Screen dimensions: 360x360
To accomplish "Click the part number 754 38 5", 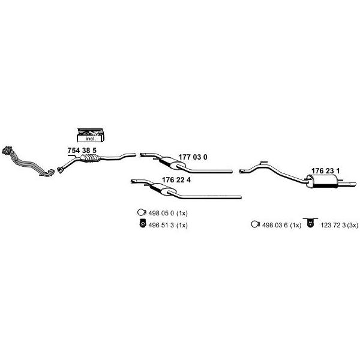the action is [x=82, y=151].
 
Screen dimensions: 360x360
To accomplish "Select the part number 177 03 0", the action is [x=193, y=157].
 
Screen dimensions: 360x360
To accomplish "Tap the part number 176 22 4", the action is [x=176, y=180].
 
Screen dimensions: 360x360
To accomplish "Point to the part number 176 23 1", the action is [x=325, y=171].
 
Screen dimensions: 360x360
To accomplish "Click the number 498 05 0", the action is [x=161, y=213].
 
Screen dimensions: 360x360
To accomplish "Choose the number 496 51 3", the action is [x=161, y=225].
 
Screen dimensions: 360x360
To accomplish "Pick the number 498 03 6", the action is [x=275, y=225].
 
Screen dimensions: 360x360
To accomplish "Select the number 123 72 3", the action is [x=333, y=225].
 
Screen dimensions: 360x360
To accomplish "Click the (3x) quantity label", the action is [x=353, y=226].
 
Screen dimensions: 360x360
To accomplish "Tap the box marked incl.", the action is [x=91, y=135].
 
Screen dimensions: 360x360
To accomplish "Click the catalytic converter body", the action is [x=91, y=158].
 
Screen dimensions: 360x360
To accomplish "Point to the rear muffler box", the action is [x=322, y=181].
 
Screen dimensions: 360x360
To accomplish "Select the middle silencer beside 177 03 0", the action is [x=172, y=163].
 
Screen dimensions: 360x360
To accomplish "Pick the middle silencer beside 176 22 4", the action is [x=163, y=190].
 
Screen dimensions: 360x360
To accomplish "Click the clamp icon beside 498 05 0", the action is [x=142, y=212].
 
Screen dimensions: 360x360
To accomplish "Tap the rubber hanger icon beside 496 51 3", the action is [x=143, y=223].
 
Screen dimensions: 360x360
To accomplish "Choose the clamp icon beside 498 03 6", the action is [x=256, y=224].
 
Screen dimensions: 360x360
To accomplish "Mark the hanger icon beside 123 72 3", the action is [x=310, y=223].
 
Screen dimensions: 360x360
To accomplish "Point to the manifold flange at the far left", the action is [x=7, y=150].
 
